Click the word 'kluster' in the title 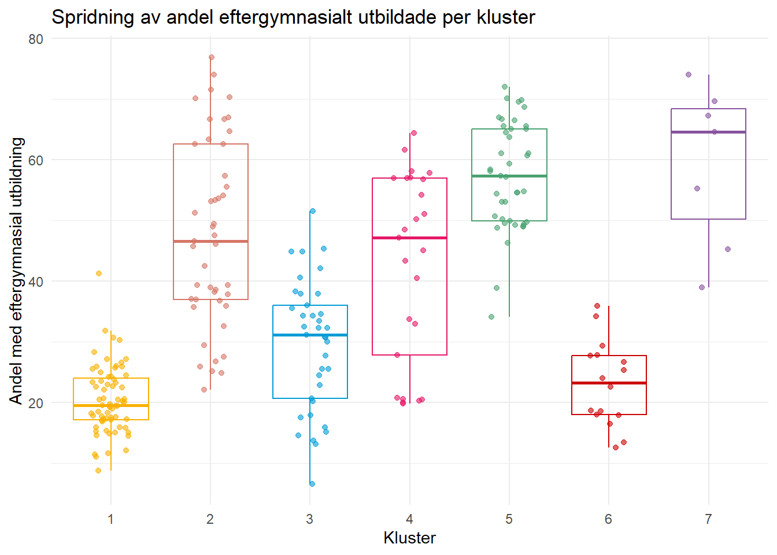click(x=506, y=17)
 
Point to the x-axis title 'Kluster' click(x=409, y=538)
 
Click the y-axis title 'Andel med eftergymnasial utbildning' click(x=16, y=271)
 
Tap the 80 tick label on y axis click(x=36, y=39)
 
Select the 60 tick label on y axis click(x=36, y=160)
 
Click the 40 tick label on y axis click(x=36, y=282)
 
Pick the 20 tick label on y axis click(x=36, y=403)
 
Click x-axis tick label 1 click(x=110, y=519)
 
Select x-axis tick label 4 click(x=409, y=519)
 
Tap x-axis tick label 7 click(x=708, y=519)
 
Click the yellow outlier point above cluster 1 click(x=99, y=273)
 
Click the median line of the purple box click(x=708, y=132)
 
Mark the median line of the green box click(x=509, y=176)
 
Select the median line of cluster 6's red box click(x=609, y=383)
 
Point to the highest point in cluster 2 click(x=212, y=57)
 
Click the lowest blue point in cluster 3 click(x=312, y=483)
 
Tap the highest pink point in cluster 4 click(x=414, y=133)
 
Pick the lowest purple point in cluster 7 click(x=702, y=287)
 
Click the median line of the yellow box click(x=110, y=406)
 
